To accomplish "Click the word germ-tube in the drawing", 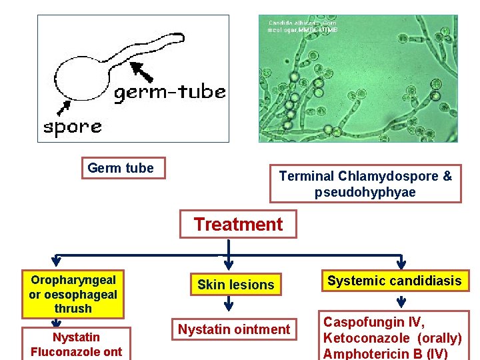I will coord(169,93).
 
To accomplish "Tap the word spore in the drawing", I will coord(73,126).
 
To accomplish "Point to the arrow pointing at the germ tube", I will coord(141,71).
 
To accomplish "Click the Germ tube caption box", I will coord(121,169).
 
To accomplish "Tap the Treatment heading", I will coord(238,225).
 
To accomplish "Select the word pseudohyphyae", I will coord(365,193).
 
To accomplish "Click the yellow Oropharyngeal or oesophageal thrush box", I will coord(73,294).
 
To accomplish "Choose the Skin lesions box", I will coord(235,285).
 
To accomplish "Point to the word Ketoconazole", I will coord(366,338).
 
